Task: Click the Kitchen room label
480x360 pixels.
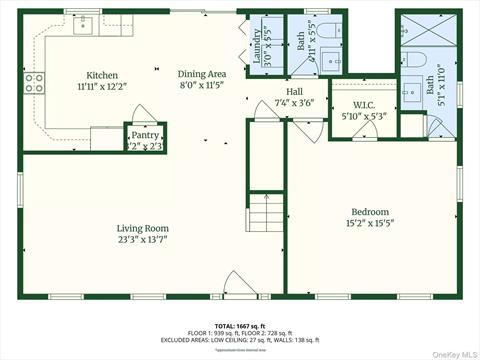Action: (102, 75)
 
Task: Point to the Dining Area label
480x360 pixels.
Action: (200, 74)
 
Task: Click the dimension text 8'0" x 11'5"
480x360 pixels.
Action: (200, 86)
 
